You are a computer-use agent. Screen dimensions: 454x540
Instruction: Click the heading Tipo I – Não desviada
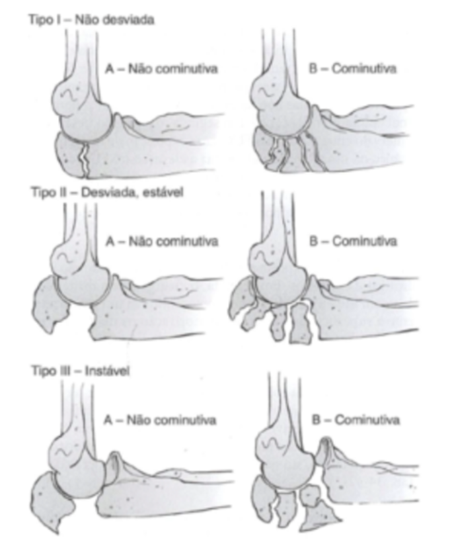(91, 20)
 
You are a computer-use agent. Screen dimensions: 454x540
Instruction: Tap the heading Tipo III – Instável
(79, 371)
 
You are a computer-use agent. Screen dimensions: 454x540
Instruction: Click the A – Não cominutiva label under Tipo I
(161, 68)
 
